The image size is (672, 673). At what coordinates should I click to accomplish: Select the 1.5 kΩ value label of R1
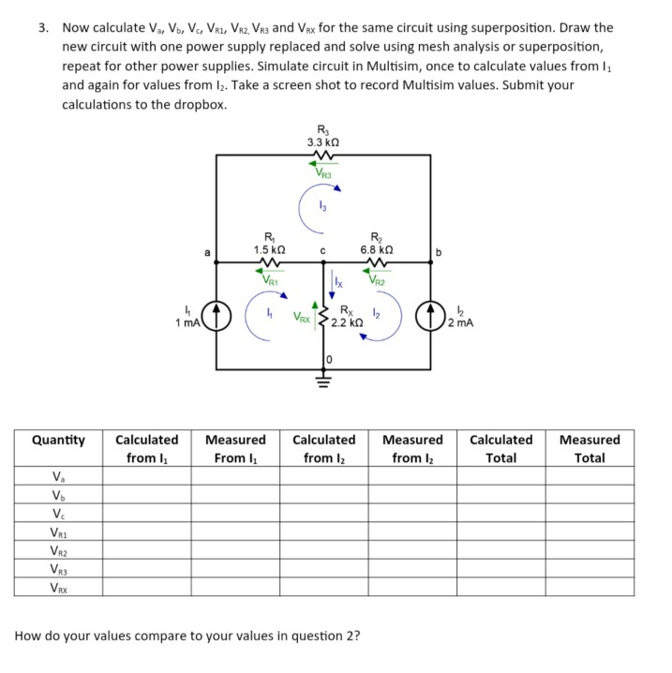[270, 249]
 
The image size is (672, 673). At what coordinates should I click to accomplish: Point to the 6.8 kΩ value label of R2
[377, 249]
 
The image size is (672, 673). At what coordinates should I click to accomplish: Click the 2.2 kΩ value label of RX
[349, 323]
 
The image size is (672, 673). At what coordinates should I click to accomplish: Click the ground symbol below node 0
[324, 381]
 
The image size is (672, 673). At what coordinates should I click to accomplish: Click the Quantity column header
[58, 440]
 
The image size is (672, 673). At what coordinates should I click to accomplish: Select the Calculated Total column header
[500, 448]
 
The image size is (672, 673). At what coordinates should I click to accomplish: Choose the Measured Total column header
[590, 448]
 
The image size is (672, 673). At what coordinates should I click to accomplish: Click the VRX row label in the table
[58, 588]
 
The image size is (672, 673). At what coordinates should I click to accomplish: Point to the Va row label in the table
[58, 476]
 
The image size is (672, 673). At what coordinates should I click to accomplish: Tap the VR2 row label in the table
[58, 550]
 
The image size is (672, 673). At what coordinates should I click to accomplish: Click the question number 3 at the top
[43, 28]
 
